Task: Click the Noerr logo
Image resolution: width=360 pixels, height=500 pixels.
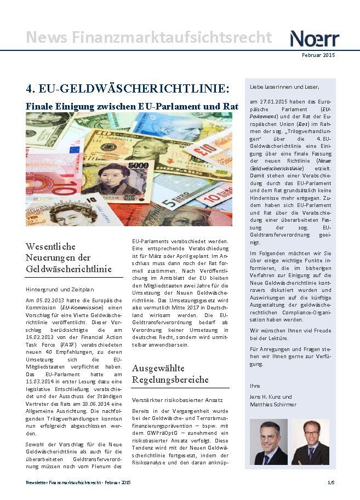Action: pos(315,38)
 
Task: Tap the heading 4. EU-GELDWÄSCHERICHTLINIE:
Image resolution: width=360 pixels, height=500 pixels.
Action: pos(128,88)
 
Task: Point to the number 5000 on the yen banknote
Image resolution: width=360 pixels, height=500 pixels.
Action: pos(139,165)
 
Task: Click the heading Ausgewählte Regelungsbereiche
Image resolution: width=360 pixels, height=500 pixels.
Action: pos(170,374)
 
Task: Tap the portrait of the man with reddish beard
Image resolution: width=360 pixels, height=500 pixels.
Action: pos(310,442)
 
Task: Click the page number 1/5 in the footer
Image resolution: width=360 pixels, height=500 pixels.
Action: pos(331,482)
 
